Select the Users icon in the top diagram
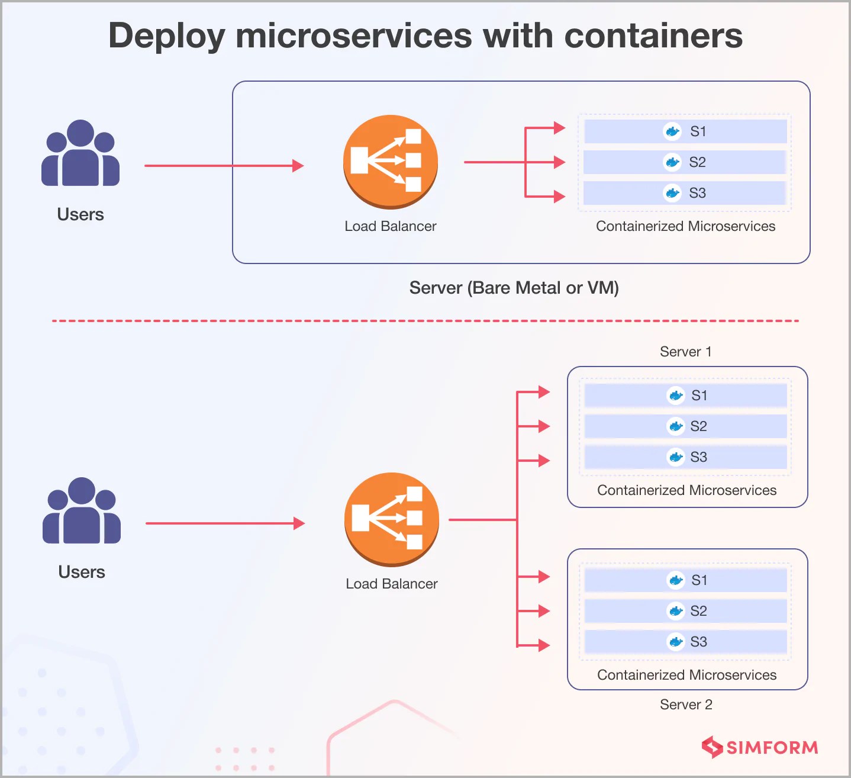(x=80, y=154)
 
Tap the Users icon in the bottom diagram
(x=82, y=512)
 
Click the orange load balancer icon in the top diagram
(x=391, y=161)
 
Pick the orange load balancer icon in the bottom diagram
(x=392, y=519)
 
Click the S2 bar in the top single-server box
(x=685, y=162)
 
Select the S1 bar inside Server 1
(x=685, y=396)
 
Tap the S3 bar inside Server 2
(x=685, y=642)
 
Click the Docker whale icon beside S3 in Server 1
(x=675, y=457)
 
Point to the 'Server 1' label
(x=685, y=352)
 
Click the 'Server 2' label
(x=686, y=705)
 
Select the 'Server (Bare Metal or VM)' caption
(x=514, y=288)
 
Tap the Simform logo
(x=760, y=747)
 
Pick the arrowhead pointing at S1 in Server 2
(x=543, y=577)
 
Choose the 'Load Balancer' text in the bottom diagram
(x=392, y=584)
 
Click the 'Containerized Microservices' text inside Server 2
(x=686, y=675)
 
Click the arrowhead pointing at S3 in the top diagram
(x=559, y=197)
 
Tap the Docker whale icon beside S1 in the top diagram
(x=672, y=131)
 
